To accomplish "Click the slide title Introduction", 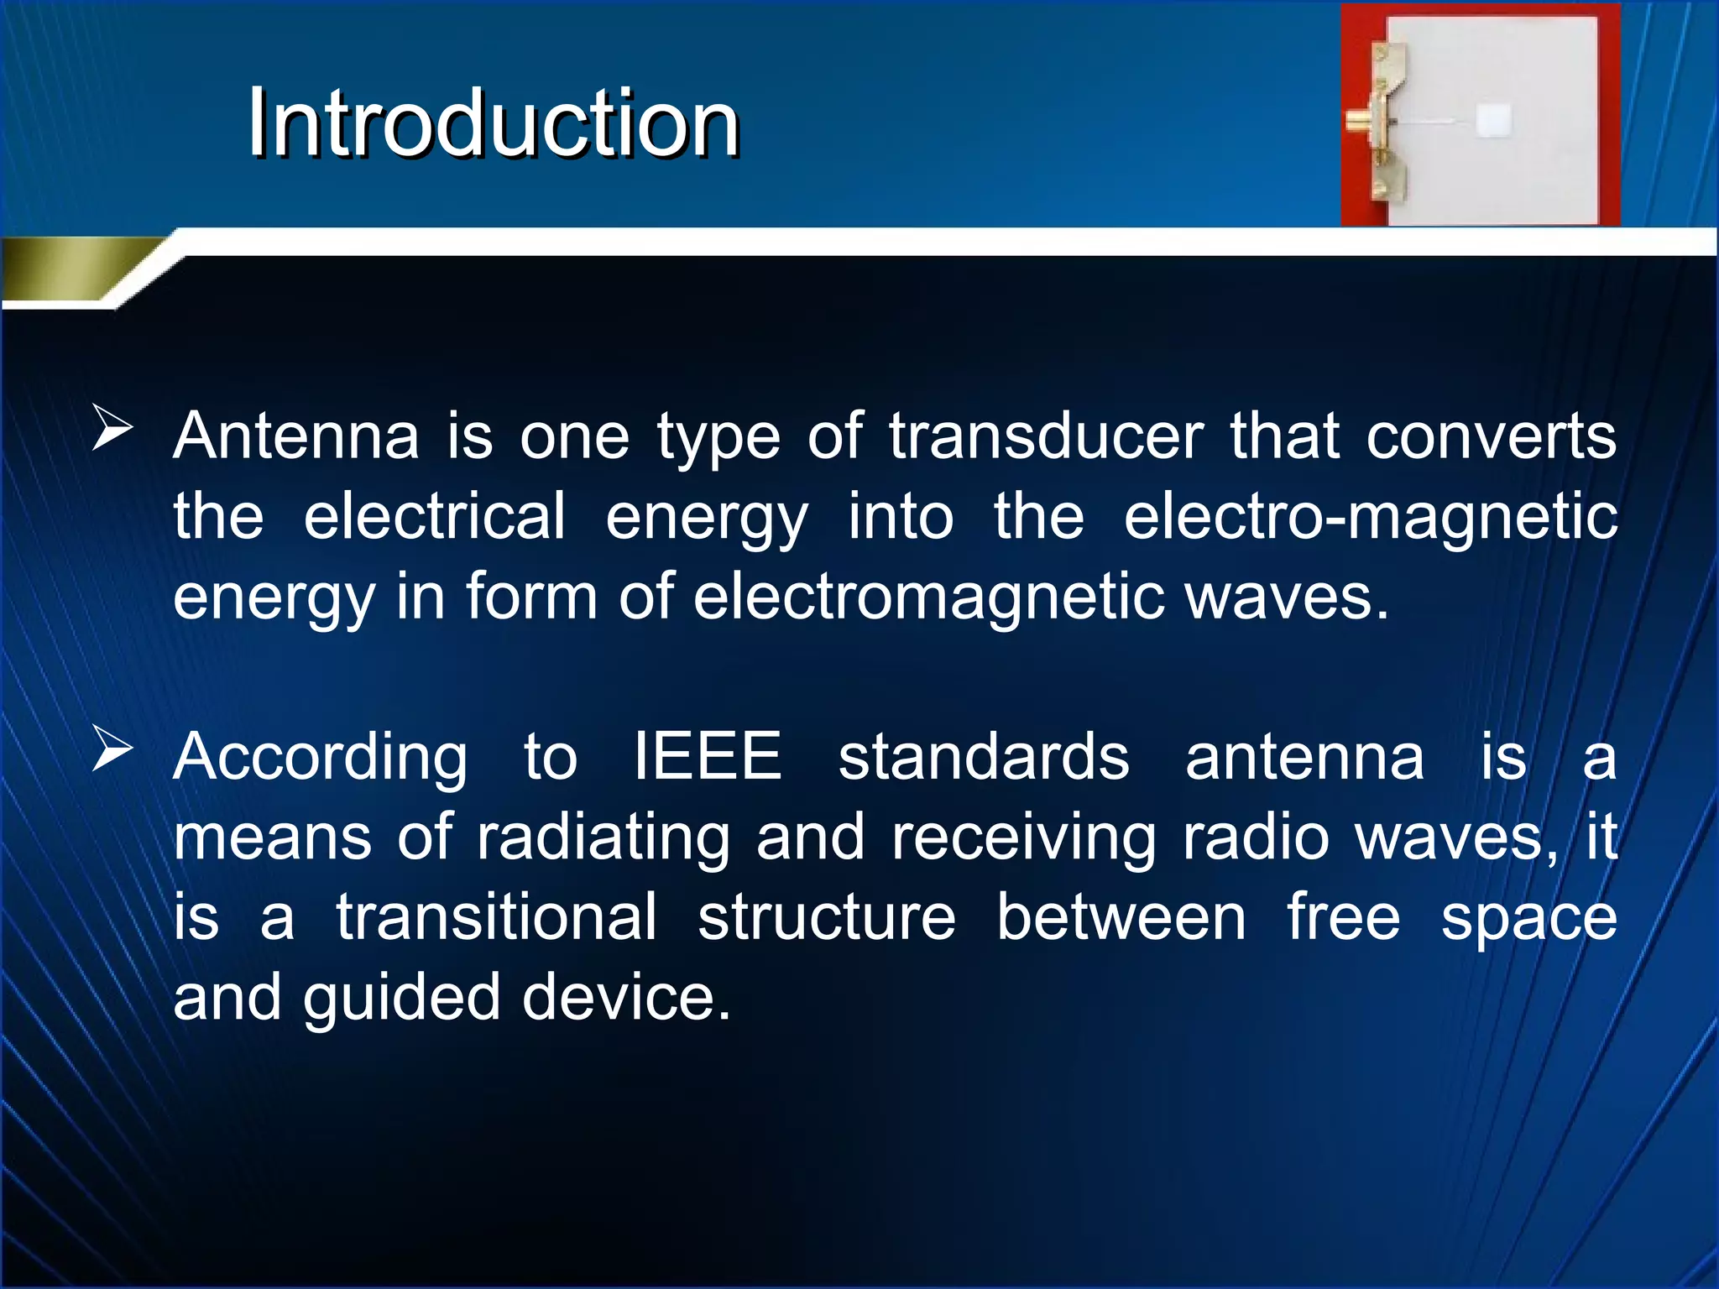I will pyautogui.click(x=494, y=123).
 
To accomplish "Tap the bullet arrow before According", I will pyautogui.click(x=112, y=749).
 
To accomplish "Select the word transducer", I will pyautogui.click(x=1046, y=436).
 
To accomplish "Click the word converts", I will pyautogui.click(x=1491, y=436).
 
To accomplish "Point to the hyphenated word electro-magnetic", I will pyautogui.click(x=1370, y=517).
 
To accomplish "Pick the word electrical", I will pyautogui.click(x=434, y=517).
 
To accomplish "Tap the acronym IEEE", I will pyautogui.click(x=708, y=757).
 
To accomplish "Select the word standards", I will pyautogui.click(x=984, y=757).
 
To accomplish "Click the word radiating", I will pyautogui.click(x=603, y=838).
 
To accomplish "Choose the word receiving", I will pyautogui.click(x=1023, y=838).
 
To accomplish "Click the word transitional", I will pyautogui.click(x=497, y=917).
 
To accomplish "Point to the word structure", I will pyautogui.click(x=827, y=917).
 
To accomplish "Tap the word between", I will pyautogui.click(x=1121, y=917).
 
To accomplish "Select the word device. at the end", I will pyautogui.click(x=626, y=998).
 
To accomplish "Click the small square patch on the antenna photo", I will pyautogui.click(x=1493, y=120).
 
